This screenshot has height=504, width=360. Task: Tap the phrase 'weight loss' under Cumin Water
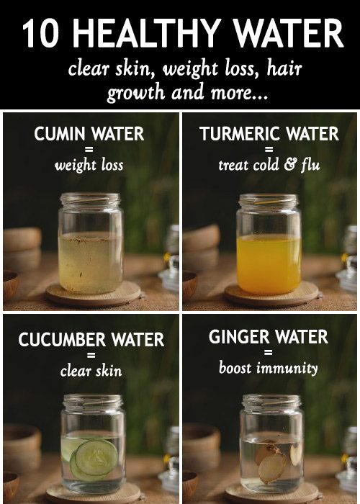point(89,165)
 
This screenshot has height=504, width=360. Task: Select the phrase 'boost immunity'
point(268,368)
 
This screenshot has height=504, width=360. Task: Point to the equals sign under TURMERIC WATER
point(268,150)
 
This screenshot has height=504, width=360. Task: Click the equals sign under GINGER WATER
point(268,353)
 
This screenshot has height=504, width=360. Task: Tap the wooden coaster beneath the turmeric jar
point(270,295)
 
